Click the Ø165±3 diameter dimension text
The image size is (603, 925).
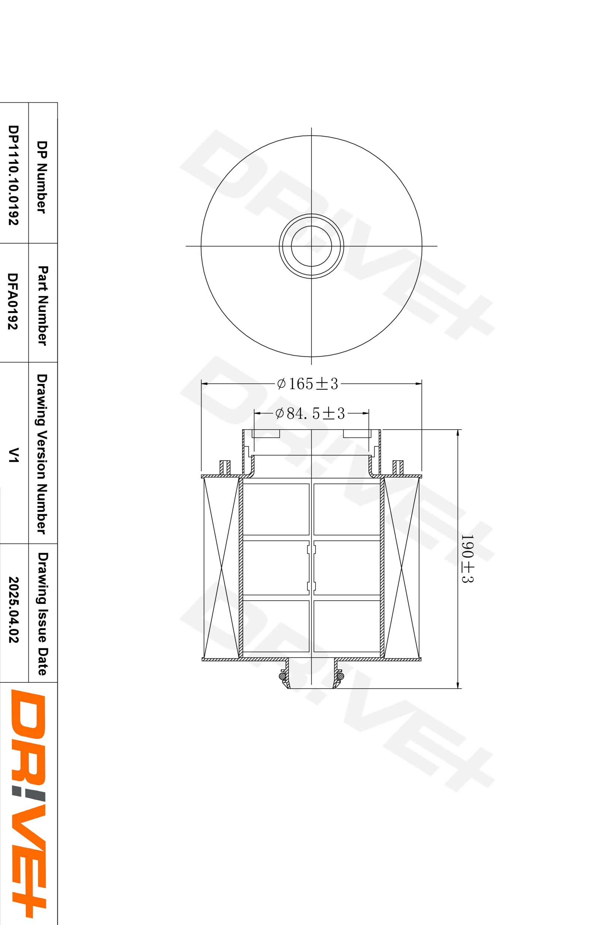coord(308,384)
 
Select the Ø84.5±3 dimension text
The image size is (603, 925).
coord(310,414)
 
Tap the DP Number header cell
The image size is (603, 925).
coord(41,177)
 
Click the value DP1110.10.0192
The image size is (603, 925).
coord(14,175)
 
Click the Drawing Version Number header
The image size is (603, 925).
coord(41,454)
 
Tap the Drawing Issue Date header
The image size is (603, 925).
coord(42,614)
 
